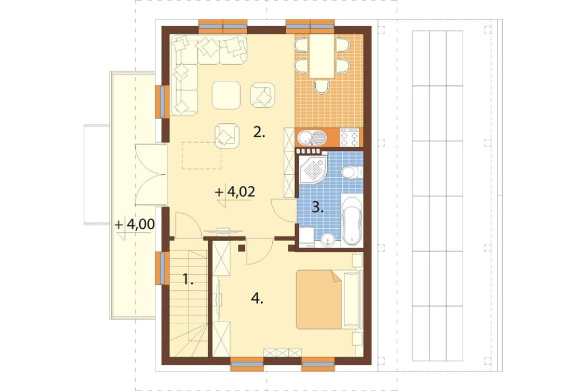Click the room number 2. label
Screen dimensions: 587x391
click(259, 132)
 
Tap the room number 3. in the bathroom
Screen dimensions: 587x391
click(318, 207)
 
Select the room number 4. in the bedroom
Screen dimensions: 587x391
click(257, 299)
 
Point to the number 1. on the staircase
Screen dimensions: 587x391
click(188, 279)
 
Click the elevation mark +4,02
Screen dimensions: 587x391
click(235, 192)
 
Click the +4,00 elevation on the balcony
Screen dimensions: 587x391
click(135, 224)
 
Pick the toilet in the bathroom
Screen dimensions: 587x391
click(351, 172)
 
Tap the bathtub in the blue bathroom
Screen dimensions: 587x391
click(352, 220)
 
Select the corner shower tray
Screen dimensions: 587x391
click(313, 170)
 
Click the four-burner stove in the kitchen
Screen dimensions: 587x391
click(349, 137)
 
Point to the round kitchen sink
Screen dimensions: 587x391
click(306, 138)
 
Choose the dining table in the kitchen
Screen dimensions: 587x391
click(322, 56)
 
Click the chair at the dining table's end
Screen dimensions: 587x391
click(322, 87)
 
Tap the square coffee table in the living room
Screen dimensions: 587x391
click(226, 95)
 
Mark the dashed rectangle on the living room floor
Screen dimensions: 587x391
click(202, 155)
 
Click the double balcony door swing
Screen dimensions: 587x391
click(151, 174)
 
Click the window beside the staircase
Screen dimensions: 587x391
click(161, 268)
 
